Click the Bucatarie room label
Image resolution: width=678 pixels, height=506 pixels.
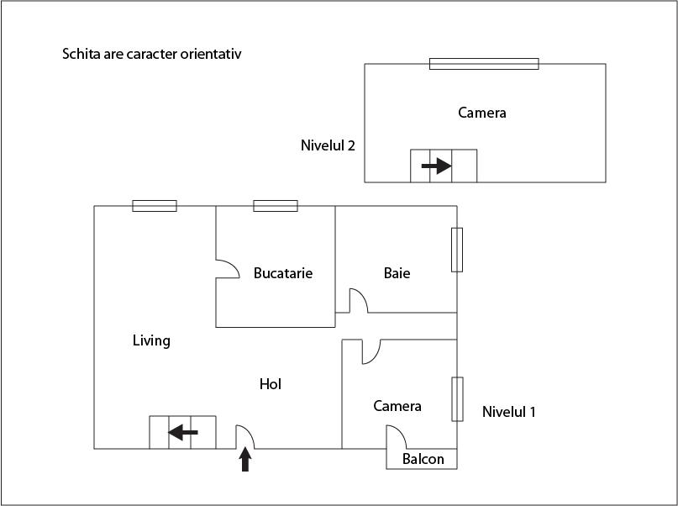point(283,273)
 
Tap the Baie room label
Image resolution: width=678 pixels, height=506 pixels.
point(397,273)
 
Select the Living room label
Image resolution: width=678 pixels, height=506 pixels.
point(151,340)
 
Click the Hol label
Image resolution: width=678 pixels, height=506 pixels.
point(270,384)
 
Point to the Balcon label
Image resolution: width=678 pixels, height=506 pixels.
point(423,459)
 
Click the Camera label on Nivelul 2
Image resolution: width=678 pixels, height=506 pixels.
point(481,113)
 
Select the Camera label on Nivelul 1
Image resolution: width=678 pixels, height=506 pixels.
point(397,406)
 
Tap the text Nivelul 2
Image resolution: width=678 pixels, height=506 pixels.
point(328,145)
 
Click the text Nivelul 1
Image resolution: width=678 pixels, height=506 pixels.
point(508,412)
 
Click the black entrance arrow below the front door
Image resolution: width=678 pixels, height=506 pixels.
point(245,460)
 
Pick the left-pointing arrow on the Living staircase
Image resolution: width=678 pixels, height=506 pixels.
point(182,432)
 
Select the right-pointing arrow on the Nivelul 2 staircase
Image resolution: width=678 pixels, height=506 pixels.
point(436,166)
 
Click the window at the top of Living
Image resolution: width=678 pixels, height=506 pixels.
point(155,206)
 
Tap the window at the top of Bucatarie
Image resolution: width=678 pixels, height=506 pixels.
point(276,206)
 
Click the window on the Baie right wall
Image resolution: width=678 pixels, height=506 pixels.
point(457,250)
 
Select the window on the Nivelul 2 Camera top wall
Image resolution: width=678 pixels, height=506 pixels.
point(484,64)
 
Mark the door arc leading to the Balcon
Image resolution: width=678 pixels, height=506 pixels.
point(397,437)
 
